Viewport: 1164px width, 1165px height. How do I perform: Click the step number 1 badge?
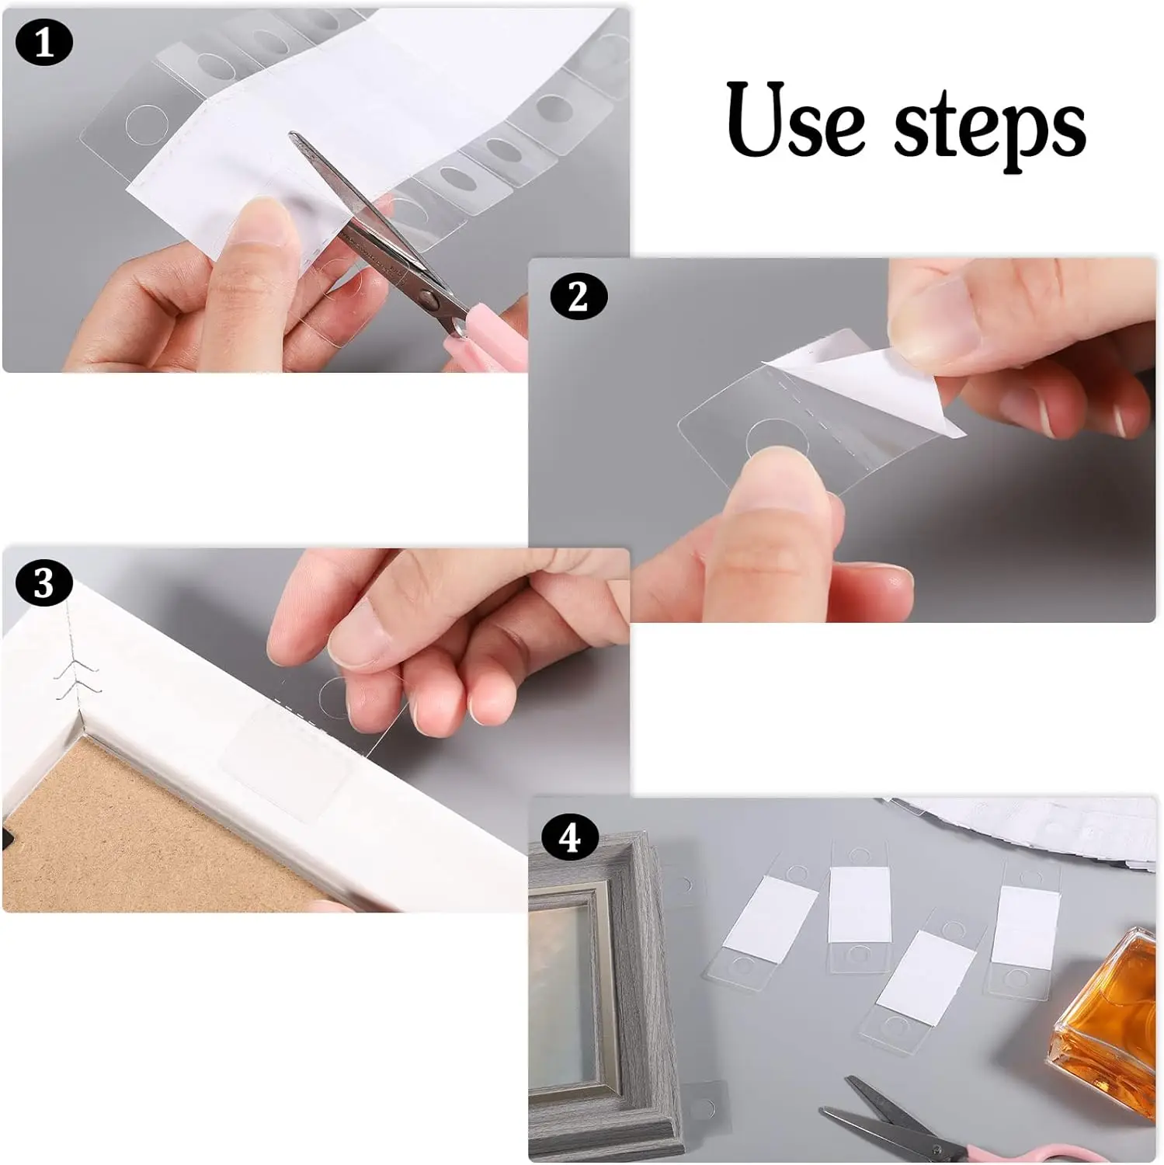click(x=44, y=43)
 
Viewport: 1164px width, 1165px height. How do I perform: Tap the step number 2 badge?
click(x=578, y=297)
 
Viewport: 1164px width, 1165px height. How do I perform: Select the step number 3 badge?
click(x=43, y=583)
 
